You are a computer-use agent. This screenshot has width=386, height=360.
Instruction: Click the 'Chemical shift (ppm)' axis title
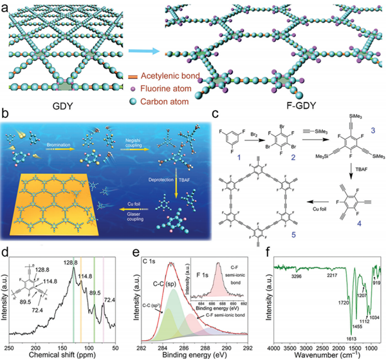coord(81,354)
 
